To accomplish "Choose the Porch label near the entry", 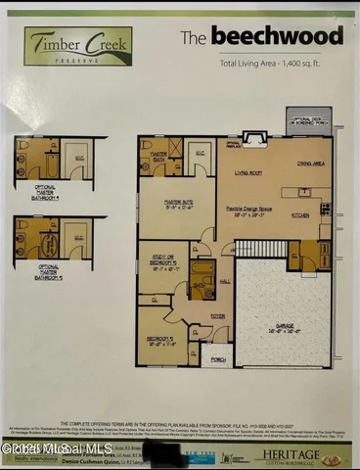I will (218, 359).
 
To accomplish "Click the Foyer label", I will (217, 316).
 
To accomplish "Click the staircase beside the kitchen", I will (268, 248).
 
